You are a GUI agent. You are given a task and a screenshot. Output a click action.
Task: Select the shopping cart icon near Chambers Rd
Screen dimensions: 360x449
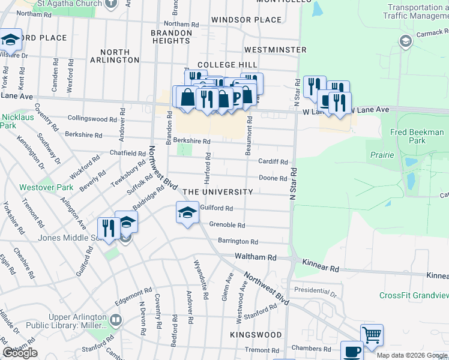[372, 335]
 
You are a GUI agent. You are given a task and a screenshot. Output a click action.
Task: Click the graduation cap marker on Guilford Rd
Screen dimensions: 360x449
[187, 212]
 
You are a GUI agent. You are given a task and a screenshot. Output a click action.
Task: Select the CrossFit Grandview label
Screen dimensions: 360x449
[414, 295]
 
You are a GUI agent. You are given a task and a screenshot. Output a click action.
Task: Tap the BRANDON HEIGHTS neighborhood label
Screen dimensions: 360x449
[171, 37]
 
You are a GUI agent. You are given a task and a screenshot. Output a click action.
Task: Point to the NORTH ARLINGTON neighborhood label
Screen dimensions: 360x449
[115, 56]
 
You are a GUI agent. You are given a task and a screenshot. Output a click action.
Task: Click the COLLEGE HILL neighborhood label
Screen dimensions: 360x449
[228, 65]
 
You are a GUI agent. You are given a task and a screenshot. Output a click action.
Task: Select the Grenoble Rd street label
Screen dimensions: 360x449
[227, 226]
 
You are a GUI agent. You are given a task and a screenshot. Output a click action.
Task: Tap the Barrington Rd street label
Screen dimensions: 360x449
[238, 242]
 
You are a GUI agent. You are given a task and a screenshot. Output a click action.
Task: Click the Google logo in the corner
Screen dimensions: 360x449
[20, 352]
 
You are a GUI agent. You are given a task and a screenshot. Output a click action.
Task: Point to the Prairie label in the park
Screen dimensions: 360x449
[382, 155]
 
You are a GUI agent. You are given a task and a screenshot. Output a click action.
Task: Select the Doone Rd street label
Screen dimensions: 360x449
[273, 178]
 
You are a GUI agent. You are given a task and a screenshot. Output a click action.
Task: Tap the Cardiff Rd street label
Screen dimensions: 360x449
[273, 161]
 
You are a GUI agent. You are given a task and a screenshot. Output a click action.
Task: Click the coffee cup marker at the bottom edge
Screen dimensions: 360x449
[352, 352]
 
